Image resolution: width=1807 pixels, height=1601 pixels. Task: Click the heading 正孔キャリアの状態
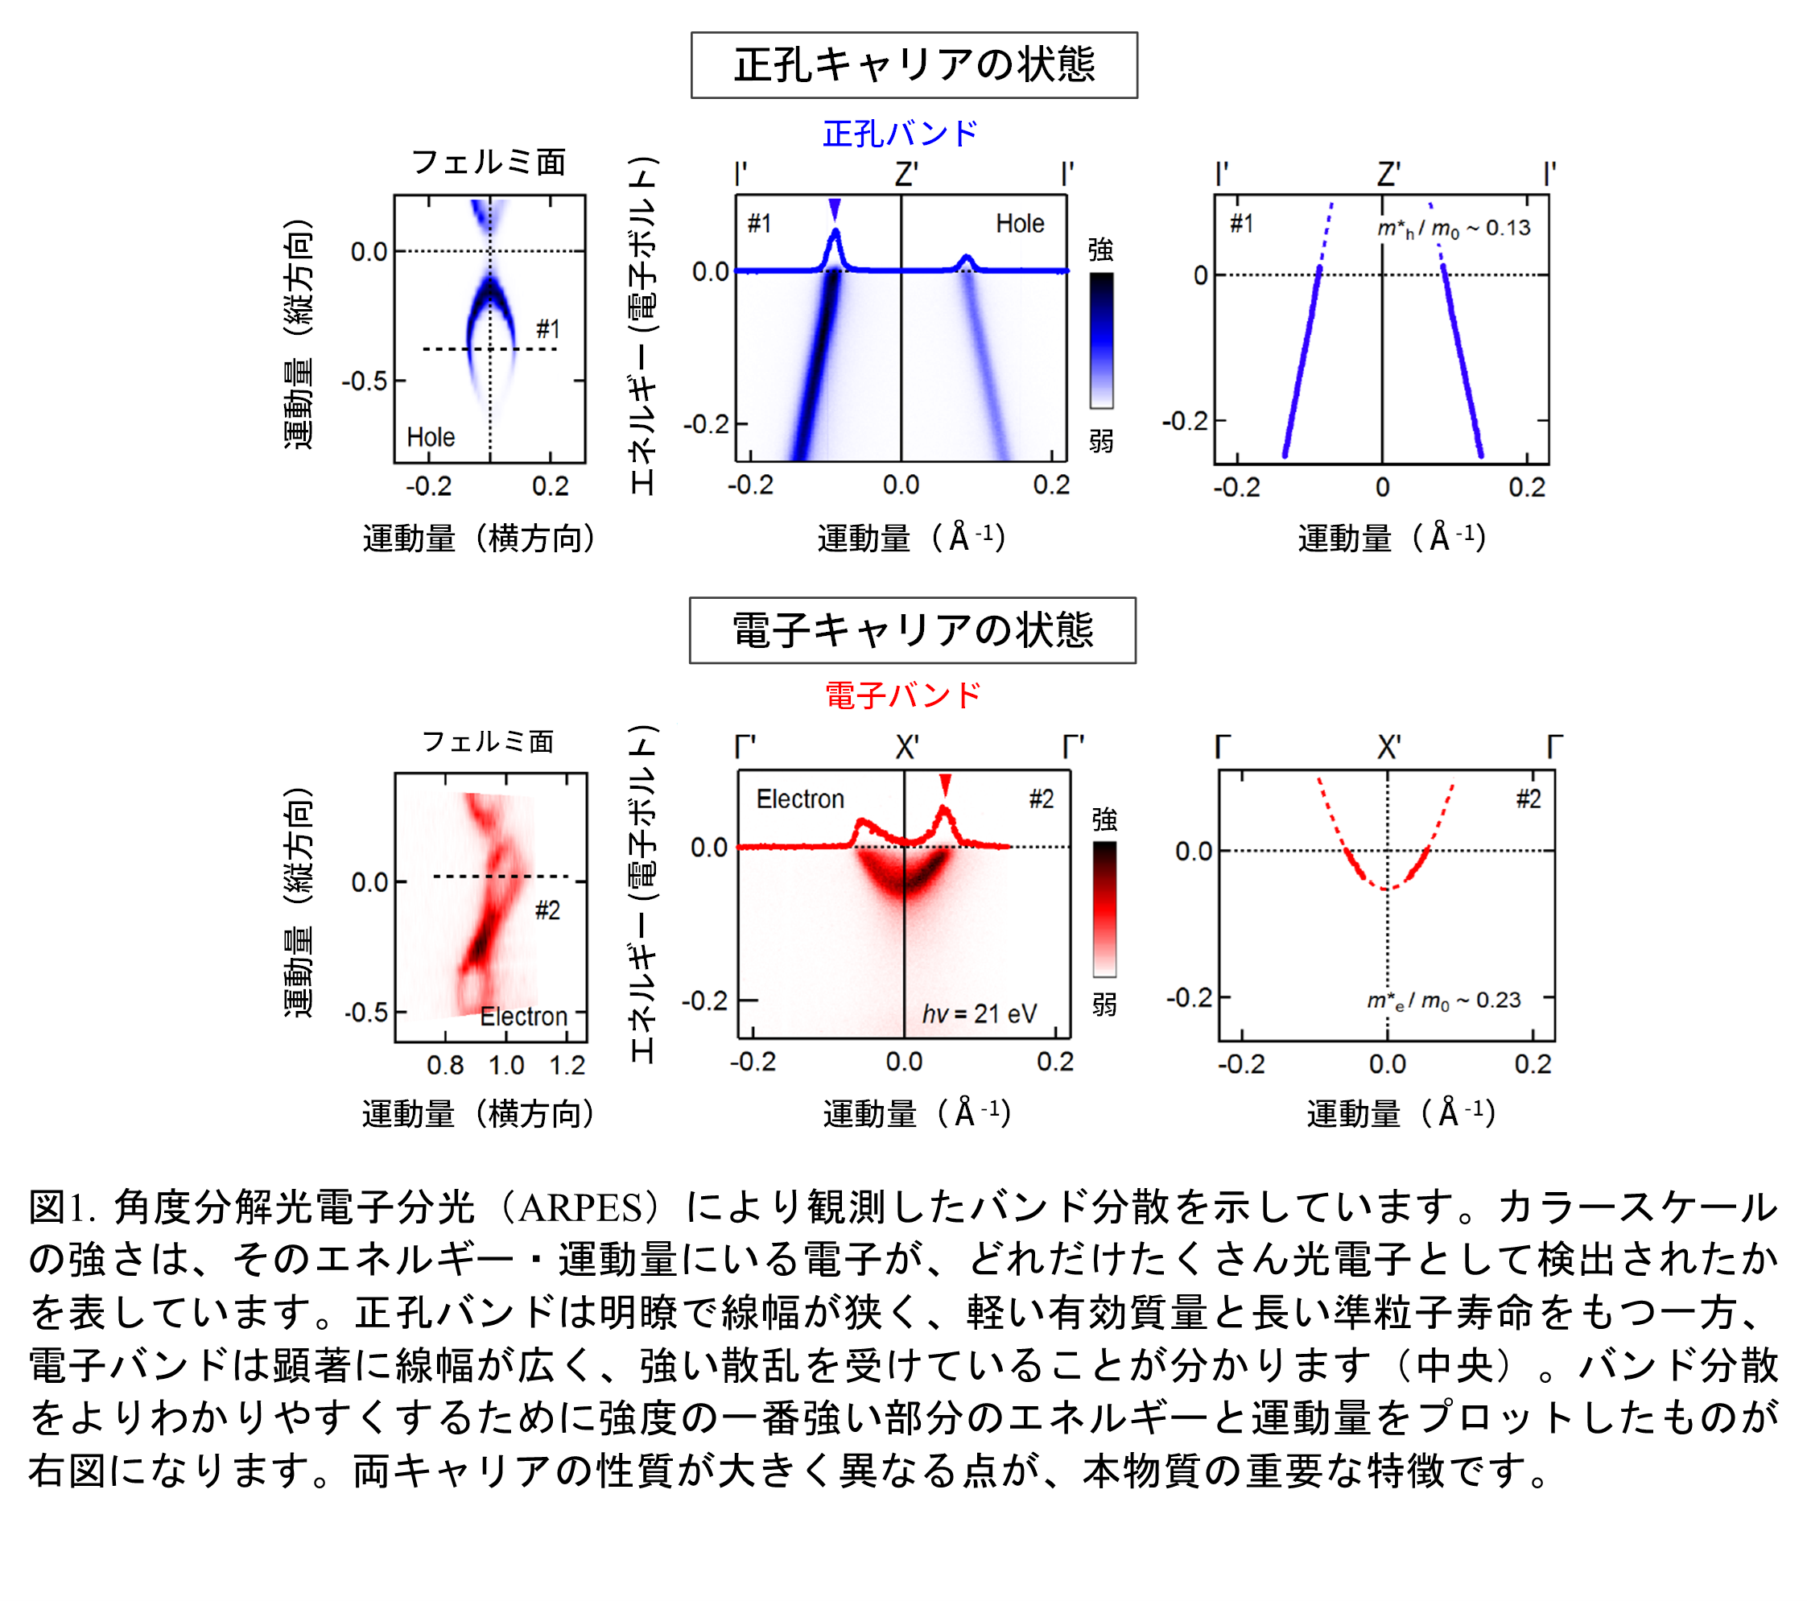(x=914, y=65)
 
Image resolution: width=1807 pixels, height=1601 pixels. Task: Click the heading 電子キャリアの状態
(x=912, y=630)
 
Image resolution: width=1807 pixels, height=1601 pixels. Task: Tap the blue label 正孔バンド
(x=900, y=134)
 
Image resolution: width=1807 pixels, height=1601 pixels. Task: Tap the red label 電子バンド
(x=902, y=695)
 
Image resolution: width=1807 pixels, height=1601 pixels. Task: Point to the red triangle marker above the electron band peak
(x=945, y=784)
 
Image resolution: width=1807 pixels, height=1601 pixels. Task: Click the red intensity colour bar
(x=1104, y=909)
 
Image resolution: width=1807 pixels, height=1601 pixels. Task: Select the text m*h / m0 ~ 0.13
(x=1454, y=229)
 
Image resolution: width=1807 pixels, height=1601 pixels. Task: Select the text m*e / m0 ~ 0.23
(x=1444, y=1001)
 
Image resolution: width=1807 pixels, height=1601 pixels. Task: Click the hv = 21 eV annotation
(x=980, y=1013)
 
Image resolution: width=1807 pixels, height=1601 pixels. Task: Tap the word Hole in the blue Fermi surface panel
(x=431, y=438)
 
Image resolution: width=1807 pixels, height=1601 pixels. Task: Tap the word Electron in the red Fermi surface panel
(x=523, y=1017)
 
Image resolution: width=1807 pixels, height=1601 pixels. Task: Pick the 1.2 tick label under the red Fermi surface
(x=567, y=1065)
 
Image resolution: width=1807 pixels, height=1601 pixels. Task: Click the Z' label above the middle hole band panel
(x=906, y=174)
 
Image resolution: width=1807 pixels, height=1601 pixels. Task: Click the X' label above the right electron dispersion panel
(x=1388, y=748)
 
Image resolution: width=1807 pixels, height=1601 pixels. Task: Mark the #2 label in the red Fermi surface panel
(x=547, y=910)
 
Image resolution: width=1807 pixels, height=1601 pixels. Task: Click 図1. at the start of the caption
(x=61, y=1207)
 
